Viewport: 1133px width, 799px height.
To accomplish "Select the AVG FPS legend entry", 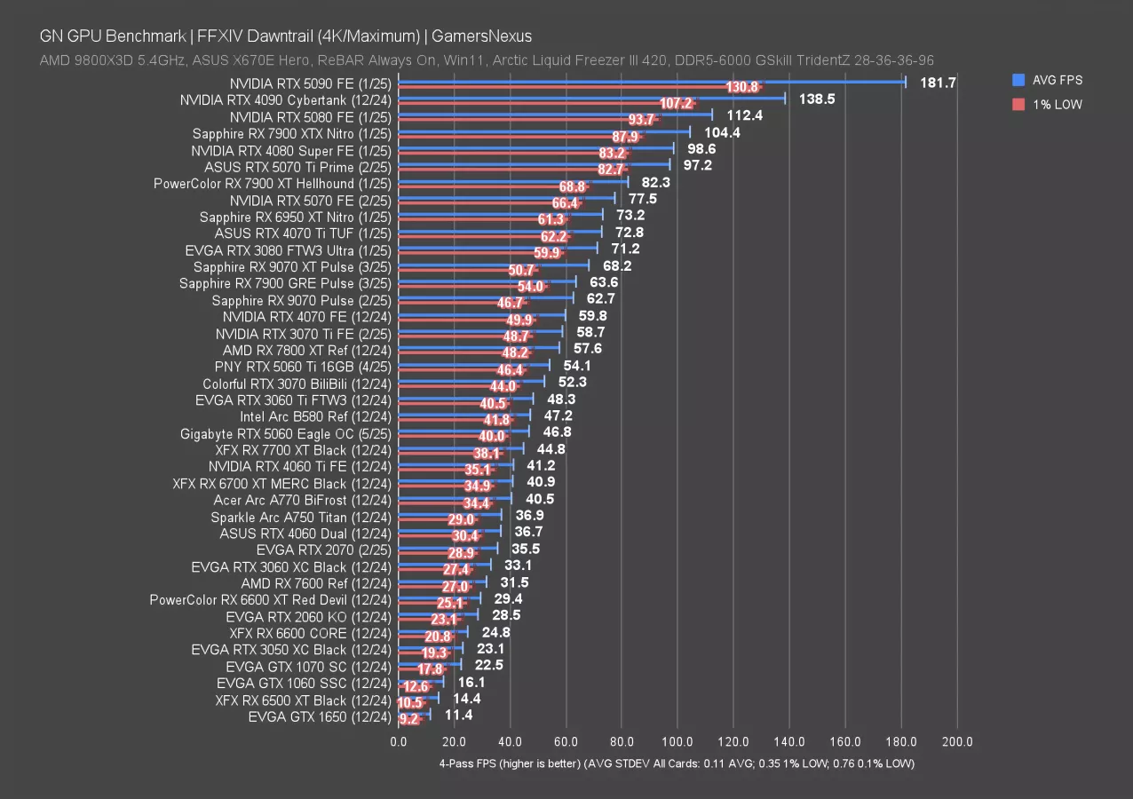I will coord(1057,80).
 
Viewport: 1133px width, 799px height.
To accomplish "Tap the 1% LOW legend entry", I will coord(1057,105).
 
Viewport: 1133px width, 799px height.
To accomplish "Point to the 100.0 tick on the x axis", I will coord(677,741).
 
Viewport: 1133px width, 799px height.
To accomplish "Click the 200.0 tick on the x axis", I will coord(956,741).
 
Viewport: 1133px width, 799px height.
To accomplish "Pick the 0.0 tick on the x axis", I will coord(399,741).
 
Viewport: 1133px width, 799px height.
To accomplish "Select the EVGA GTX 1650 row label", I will coord(319,716).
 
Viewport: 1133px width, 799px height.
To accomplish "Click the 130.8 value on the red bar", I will coord(741,87).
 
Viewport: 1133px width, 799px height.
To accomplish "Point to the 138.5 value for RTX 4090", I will coord(818,99).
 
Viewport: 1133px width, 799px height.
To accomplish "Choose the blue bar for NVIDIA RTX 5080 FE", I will coord(555,114).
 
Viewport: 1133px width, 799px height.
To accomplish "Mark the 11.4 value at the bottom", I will coord(459,716).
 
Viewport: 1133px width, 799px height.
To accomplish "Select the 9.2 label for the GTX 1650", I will coord(409,720).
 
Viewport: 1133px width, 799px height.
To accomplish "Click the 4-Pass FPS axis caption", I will coord(676,763).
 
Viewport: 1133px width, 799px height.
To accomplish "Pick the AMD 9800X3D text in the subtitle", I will coord(80,59).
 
